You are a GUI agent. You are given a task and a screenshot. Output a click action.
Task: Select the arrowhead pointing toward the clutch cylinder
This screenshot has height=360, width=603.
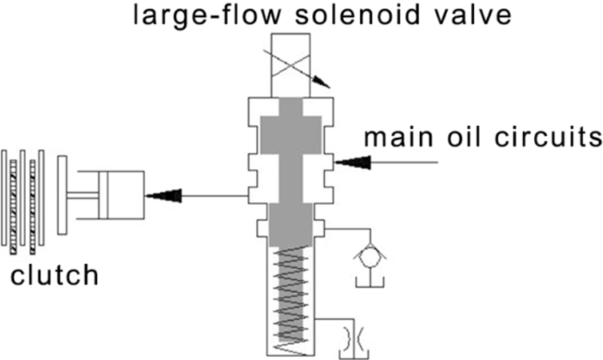[x=164, y=196]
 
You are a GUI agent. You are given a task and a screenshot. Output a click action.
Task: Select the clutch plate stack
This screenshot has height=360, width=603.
[x=23, y=197]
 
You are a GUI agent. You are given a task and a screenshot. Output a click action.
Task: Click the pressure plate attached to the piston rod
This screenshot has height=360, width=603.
[x=62, y=195]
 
